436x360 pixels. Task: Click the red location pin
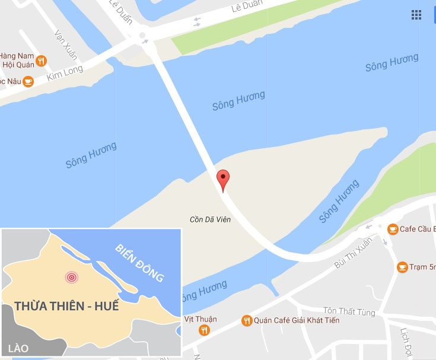[222, 180]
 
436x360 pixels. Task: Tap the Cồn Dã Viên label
[210, 219]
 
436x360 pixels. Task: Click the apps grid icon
[416, 15]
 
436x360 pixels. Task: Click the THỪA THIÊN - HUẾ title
[66, 307]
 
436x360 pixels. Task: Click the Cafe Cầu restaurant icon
[393, 229]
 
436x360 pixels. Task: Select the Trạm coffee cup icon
[402, 267]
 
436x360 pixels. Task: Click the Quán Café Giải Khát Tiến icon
[247, 321]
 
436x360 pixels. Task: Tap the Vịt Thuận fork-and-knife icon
[205, 330]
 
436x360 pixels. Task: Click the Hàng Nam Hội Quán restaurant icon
[41, 60]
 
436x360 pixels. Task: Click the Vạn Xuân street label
[65, 45]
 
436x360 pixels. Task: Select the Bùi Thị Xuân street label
[354, 253]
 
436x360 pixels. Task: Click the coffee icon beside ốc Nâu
[28, 81]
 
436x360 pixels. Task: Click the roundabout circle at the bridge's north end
[142, 37]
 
